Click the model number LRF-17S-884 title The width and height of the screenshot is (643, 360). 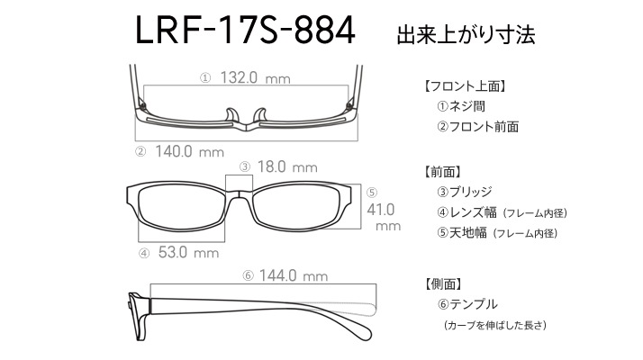tap(245, 30)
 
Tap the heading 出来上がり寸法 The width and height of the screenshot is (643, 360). tap(466, 34)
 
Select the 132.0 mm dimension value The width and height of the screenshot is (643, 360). tap(256, 77)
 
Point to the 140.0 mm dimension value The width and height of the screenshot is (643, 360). tap(189, 152)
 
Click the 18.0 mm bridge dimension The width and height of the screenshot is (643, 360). tap(287, 166)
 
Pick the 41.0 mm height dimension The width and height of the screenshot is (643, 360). tap(384, 217)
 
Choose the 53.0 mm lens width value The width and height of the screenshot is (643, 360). tap(188, 252)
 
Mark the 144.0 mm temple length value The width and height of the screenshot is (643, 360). tap(294, 275)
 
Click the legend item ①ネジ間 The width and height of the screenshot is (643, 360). tap(461, 106)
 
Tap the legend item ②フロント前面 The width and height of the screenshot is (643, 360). tap(477, 127)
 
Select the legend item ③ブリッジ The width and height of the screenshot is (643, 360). tap(464, 192)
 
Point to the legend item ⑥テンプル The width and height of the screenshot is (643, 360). tap(467, 304)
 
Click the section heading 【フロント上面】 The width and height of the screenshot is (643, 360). tap(465, 86)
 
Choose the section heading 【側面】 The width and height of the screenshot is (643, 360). tap(444, 283)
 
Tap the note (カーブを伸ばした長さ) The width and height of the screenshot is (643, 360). tap(495, 325)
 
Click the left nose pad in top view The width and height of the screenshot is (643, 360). tap(231, 115)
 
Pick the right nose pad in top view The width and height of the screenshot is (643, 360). tap(260, 115)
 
